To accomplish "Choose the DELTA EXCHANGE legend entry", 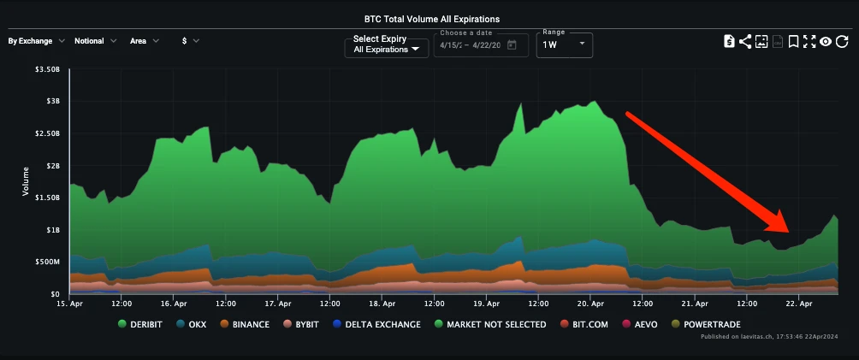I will pos(378,324).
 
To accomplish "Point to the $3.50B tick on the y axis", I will pos(48,68).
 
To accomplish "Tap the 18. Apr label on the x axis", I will pos(381,303).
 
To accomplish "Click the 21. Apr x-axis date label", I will pos(694,303).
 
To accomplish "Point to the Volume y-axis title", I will pos(26,181).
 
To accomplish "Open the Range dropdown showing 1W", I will pos(564,44).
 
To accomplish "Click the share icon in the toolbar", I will pos(744,41).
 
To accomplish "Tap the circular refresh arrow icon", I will pos(842,41).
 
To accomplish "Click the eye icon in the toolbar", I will pos(826,41).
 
